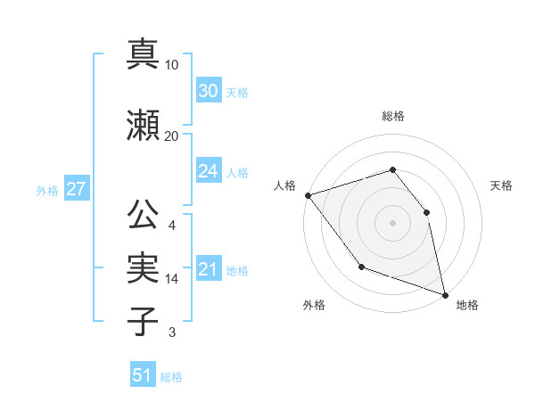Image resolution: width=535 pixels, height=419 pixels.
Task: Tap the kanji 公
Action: click(143, 215)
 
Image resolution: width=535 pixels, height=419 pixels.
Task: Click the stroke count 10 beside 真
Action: click(172, 65)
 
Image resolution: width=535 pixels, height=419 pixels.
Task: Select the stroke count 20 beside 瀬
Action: click(172, 136)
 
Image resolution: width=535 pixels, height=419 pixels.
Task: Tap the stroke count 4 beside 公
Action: click(172, 226)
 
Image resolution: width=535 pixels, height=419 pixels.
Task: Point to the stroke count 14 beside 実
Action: click(172, 278)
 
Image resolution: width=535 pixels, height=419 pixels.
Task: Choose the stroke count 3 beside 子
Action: click(172, 333)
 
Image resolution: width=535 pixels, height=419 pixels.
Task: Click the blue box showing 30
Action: click(208, 91)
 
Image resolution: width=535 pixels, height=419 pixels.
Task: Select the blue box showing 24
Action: click(208, 171)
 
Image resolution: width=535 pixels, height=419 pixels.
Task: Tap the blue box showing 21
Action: click(208, 269)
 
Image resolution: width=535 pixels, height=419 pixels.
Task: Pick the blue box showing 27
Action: click(76, 189)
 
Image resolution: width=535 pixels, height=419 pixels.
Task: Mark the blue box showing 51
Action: click(143, 375)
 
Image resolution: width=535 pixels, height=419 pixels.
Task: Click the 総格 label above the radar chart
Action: click(393, 116)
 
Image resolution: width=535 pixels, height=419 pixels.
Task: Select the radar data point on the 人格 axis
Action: click(308, 195)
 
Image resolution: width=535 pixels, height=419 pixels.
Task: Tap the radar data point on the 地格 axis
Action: click(444, 294)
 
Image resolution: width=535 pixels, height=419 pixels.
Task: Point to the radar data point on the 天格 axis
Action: click(426, 212)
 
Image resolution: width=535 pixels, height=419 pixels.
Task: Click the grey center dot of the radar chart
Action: click(393, 223)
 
